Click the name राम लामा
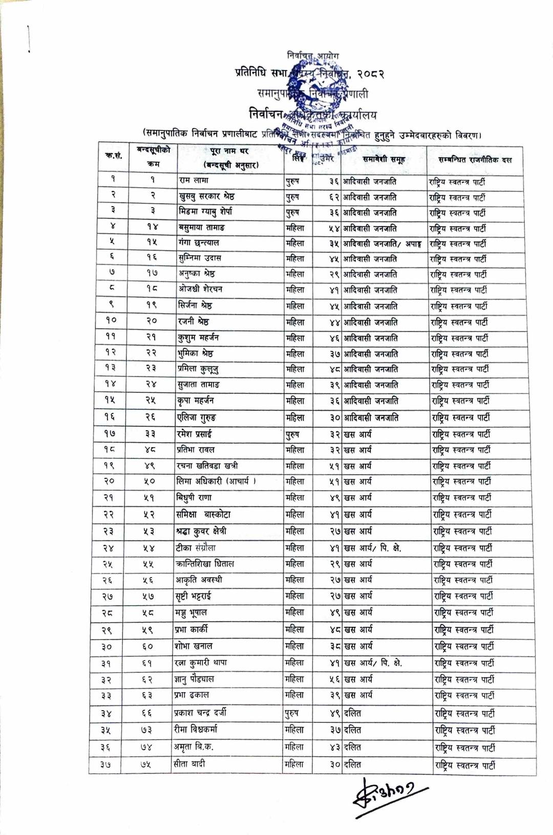click(194, 180)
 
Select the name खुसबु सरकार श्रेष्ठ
click(207, 196)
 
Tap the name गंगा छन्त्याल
click(199, 243)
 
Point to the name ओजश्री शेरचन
click(200, 289)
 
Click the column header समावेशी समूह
click(384, 160)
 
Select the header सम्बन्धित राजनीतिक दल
click(475, 160)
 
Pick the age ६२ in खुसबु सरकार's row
click(334, 197)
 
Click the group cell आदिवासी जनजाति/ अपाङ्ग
click(382, 244)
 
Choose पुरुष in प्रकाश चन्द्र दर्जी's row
click(291, 713)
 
